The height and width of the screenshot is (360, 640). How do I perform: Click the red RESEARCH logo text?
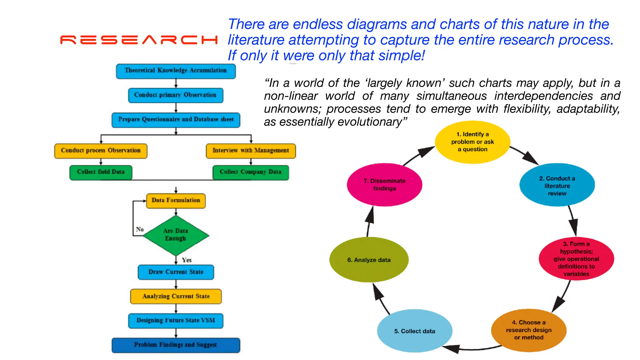[x=139, y=40]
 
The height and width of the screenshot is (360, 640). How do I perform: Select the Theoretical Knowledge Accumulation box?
[x=176, y=71]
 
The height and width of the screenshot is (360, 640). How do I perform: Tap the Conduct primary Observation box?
[x=176, y=95]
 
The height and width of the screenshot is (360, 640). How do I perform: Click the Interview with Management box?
[x=251, y=151]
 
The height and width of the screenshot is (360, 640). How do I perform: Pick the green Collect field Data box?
[x=101, y=172]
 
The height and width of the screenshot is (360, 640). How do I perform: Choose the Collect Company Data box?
[x=251, y=172]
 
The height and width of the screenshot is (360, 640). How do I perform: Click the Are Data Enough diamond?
[x=176, y=235]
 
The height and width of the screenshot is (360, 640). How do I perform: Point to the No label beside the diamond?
[x=140, y=229]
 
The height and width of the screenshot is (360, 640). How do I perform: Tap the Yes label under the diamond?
[x=187, y=260]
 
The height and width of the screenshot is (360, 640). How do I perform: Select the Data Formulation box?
[x=176, y=201]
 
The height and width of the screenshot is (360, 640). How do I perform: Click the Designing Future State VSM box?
[x=176, y=321]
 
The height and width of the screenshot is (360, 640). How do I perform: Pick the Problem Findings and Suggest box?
[x=176, y=345]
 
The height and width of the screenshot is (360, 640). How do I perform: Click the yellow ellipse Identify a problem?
[x=472, y=142]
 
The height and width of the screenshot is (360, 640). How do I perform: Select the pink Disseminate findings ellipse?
[x=384, y=185]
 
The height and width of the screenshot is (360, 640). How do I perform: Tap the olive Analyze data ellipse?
[x=369, y=260]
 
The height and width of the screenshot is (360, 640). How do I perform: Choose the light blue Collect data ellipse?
[x=414, y=331]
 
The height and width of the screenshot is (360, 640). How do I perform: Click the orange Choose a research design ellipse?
[x=529, y=330]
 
